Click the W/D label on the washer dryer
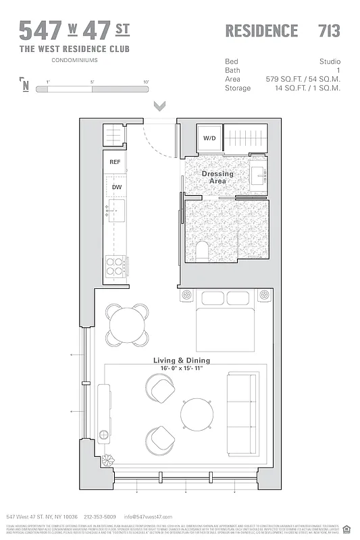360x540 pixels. click(x=209, y=138)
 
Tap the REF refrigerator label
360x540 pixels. click(x=115, y=162)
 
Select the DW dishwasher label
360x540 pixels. click(x=116, y=187)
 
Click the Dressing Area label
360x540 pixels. click(x=217, y=178)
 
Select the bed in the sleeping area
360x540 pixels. click(x=226, y=321)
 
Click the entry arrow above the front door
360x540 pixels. click(x=160, y=106)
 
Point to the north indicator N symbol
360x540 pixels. click(x=26, y=85)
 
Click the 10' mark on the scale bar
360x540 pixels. click(x=146, y=82)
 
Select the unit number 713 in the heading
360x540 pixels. click(x=329, y=30)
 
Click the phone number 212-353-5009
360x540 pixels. click(x=100, y=516)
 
